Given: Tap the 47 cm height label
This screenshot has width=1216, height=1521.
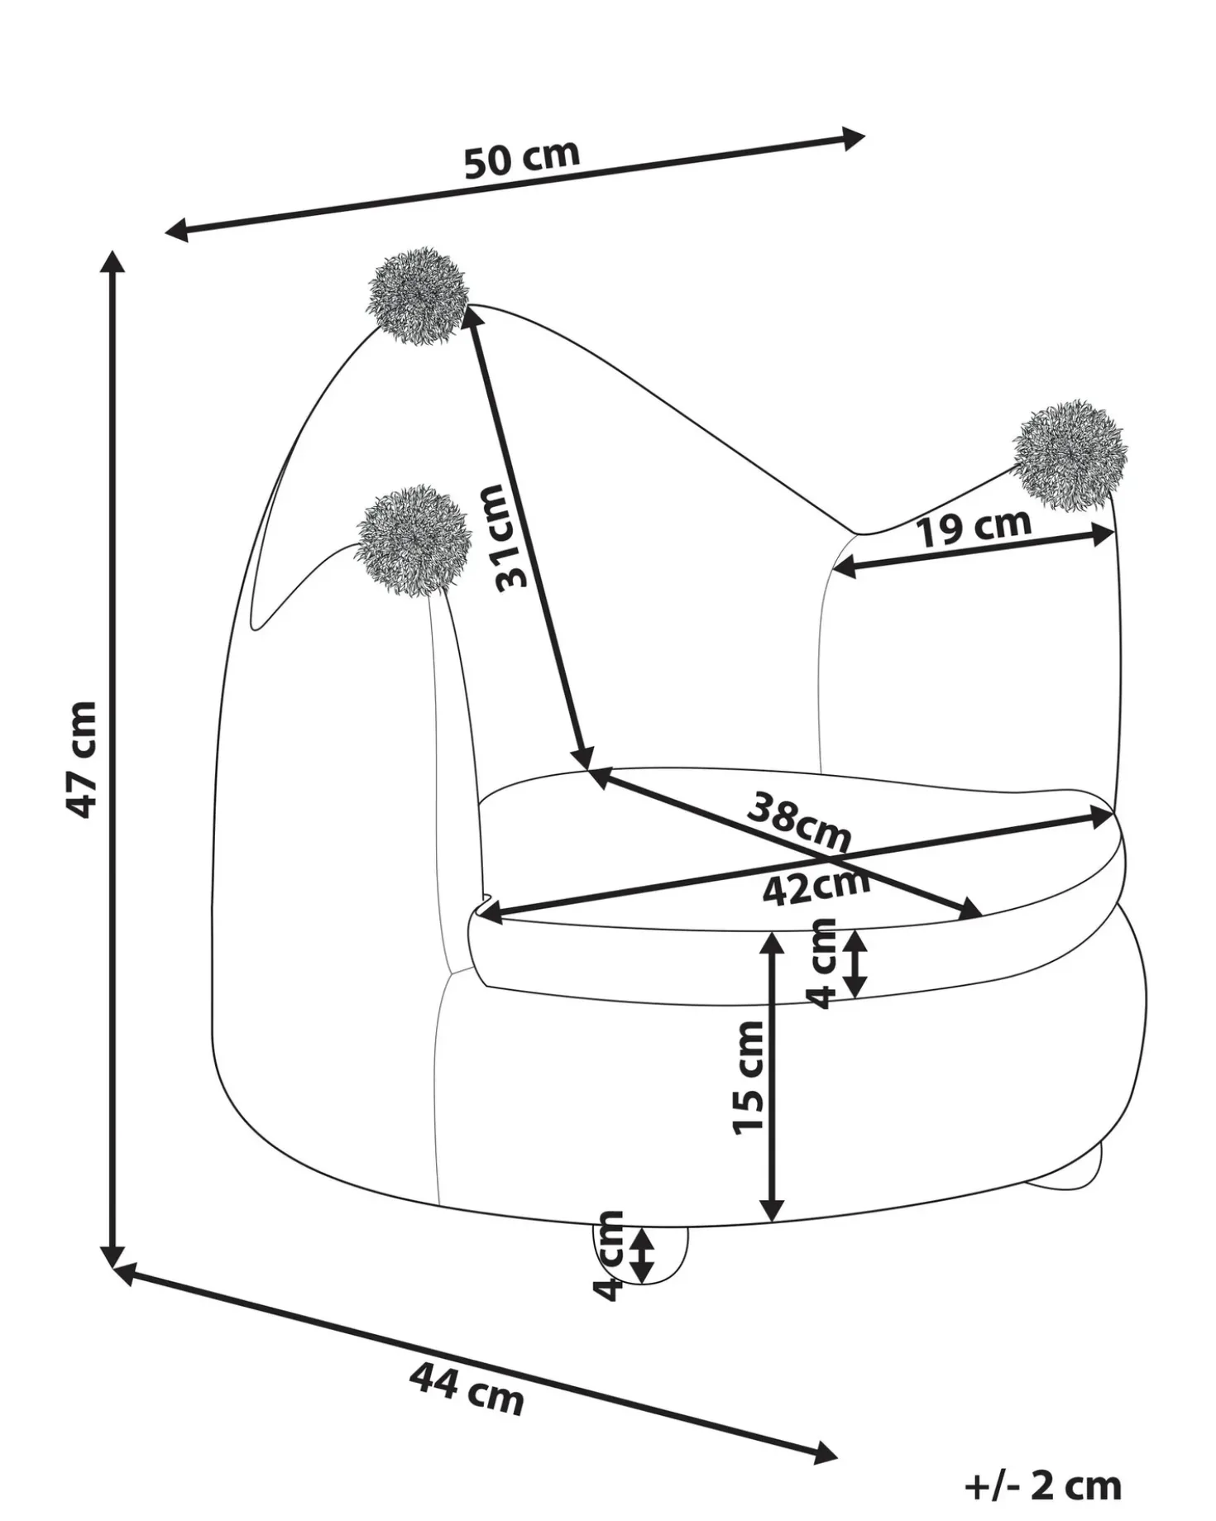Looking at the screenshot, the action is click(x=82, y=759).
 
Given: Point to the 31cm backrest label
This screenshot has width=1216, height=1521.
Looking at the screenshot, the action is click(x=502, y=537).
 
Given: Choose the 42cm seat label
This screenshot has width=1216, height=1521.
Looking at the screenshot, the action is click(x=816, y=885).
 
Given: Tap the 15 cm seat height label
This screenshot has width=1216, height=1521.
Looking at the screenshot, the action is click(x=749, y=1077).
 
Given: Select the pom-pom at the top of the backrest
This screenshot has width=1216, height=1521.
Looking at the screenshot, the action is click(x=418, y=295).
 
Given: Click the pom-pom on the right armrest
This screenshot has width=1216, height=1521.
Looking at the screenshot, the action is click(x=1070, y=455).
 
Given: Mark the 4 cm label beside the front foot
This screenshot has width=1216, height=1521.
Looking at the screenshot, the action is click(x=610, y=1255).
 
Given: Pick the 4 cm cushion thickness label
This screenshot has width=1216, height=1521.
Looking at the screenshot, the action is click(x=823, y=963).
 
